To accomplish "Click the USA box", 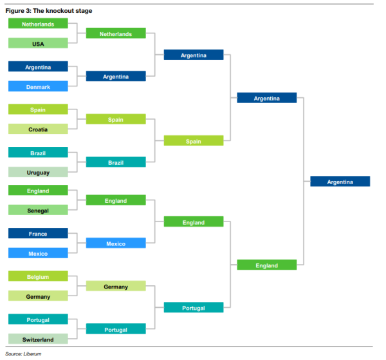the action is (x=38, y=43).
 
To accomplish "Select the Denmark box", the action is (x=38, y=86).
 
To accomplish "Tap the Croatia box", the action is (x=38, y=129).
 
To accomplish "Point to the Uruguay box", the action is (x=38, y=172).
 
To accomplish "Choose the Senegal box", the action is (x=38, y=210).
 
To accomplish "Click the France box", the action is (x=38, y=233).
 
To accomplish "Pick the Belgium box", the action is (x=38, y=276).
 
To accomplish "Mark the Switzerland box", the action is (x=38, y=339).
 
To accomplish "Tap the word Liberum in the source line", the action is (x=32, y=354).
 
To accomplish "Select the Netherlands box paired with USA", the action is (x=38, y=23).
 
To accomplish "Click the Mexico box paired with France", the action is (x=38, y=253).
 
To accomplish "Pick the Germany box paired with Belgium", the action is (x=38, y=296).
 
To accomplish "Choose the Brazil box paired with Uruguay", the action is (x=38, y=152).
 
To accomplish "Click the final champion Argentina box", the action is (x=340, y=182).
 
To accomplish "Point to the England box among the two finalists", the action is (x=267, y=265).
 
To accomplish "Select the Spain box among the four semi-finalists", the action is (x=194, y=140).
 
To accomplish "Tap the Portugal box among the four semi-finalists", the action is (x=194, y=308).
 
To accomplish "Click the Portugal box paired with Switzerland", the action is (x=38, y=319).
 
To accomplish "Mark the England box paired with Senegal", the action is (x=38, y=190).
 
